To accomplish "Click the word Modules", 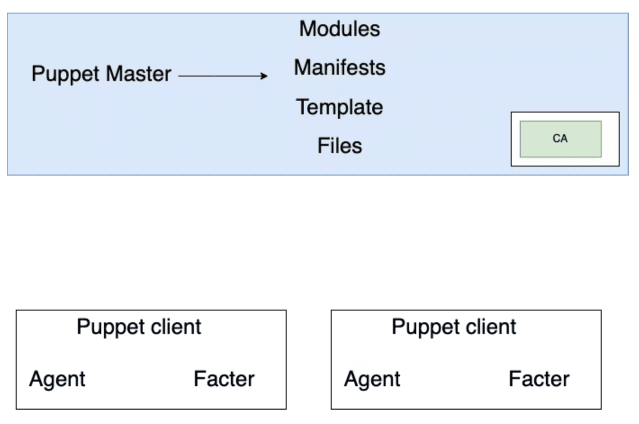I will [x=339, y=29].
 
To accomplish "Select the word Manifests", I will [x=339, y=68].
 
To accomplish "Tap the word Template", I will [x=339, y=107].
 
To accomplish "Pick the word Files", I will [x=339, y=146].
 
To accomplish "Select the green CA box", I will [x=560, y=139].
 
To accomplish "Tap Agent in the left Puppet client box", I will [x=57, y=379].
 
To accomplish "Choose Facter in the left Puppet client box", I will [x=224, y=379].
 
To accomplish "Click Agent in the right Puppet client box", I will [x=372, y=379].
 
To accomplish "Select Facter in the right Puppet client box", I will [x=539, y=379].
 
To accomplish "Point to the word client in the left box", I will [x=176, y=326].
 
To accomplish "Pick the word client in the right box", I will [x=491, y=326].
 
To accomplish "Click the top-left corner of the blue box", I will [x=8, y=14].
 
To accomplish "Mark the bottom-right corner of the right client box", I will [x=601, y=409].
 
